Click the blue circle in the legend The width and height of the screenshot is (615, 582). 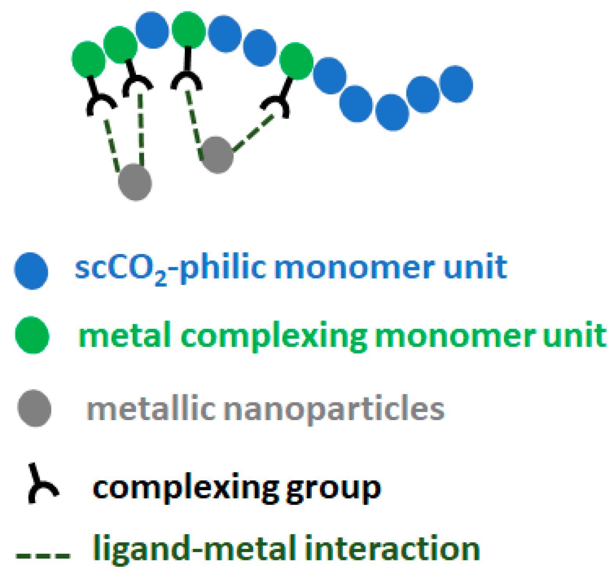click(x=31, y=271)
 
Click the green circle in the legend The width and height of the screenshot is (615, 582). click(x=32, y=335)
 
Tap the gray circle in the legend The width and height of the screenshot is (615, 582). click(x=34, y=408)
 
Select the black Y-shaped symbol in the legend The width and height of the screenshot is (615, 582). click(x=42, y=484)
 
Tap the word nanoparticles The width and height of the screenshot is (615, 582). click(x=335, y=409)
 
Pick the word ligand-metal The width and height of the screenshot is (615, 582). click(x=194, y=549)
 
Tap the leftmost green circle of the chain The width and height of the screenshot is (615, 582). click(x=89, y=59)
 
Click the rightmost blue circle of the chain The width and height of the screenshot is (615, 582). click(x=456, y=84)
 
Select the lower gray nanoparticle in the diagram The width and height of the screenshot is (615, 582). click(x=135, y=182)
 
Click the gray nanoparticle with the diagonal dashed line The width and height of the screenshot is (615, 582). click(x=217, y=154)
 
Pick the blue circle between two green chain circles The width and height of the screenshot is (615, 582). click(x=152, y=30)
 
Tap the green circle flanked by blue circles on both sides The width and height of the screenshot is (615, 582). click(x=297, y=61)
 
